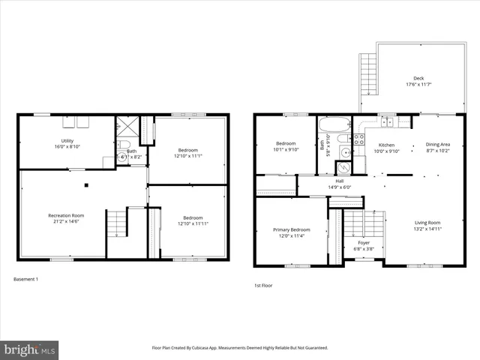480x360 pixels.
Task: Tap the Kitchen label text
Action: click(386, 145)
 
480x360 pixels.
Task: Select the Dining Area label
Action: click(438, 145)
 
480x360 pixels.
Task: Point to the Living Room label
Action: click(427, 222)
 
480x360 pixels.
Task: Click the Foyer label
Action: click(364, 243)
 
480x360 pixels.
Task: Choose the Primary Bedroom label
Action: click(291, 229)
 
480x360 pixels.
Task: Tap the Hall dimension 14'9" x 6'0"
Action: click(338, 187)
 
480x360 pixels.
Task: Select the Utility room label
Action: click(67, 140)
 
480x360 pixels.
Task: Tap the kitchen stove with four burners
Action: click(358, 139)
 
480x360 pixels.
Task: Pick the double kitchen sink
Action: click(386, 121)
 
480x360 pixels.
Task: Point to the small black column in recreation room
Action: click(87, 184)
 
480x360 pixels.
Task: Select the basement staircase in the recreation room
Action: click(115, 223)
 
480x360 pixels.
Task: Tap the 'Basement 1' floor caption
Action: click(26, 279)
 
